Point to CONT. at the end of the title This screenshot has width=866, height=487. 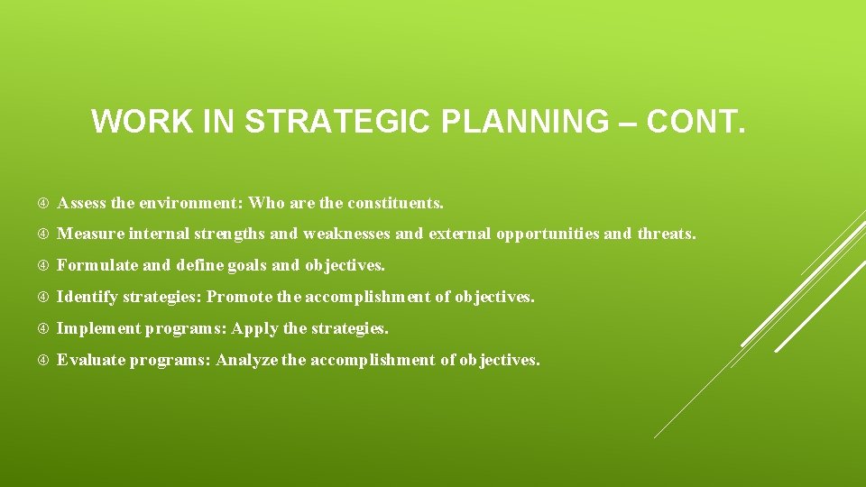[697, 122]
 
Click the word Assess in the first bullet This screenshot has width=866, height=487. [81, 203]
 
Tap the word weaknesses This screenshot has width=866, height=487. [347, 234]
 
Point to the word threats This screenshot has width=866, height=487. [667, 234]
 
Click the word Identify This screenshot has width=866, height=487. [88, 297]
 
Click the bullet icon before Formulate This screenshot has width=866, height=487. [45, 266]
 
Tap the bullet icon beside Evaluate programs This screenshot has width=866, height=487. [45, 360]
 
